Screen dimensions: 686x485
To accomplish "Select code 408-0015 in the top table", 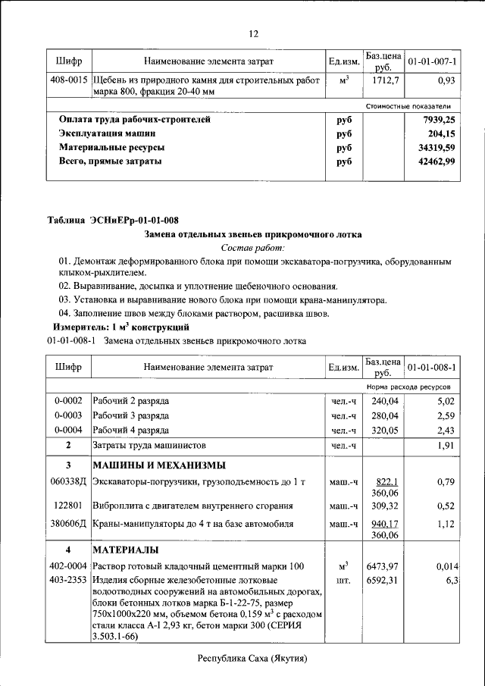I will (x=68, y=79).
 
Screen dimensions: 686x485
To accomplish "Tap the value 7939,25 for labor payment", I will (x=439, y=120).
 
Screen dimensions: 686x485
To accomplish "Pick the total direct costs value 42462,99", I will (x=439, y=161).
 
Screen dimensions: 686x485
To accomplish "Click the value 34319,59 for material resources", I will (x=439, y=148).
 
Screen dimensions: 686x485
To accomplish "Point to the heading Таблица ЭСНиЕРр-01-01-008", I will (x=113, y=221).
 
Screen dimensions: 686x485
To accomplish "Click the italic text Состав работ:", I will (x=253, y=248).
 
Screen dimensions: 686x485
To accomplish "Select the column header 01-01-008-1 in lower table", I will (x=432, y=368).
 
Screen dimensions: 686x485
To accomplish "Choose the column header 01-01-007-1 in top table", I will (x=432, y=60).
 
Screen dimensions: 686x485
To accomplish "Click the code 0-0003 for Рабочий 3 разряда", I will (x=68, y=415).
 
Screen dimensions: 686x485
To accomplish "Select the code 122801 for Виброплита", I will (x=68, y=505).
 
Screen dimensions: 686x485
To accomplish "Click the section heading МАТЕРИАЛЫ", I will (x=125, y=549).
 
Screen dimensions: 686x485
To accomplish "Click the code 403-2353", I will (x=68, y=580).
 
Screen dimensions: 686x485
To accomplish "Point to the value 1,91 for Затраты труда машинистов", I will (x=445, y=445).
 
